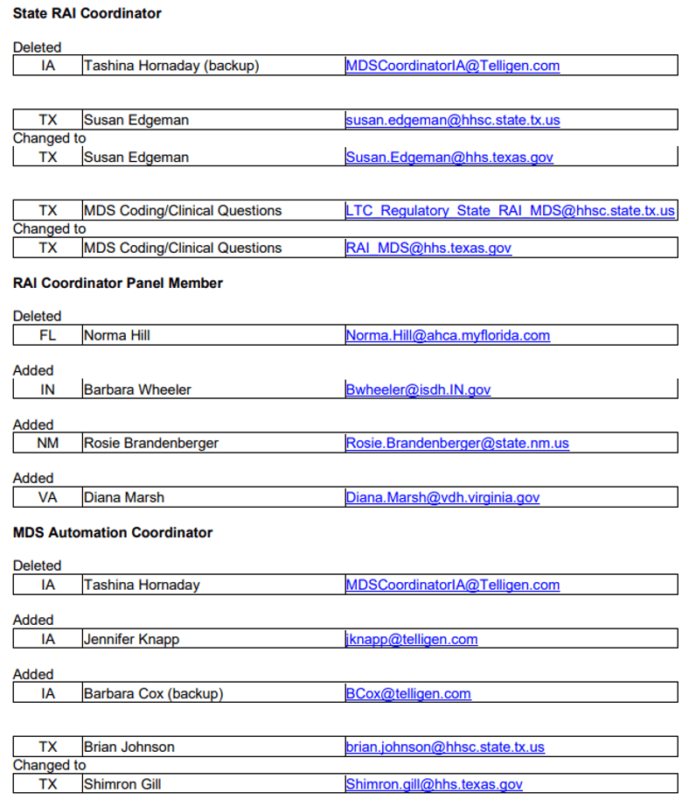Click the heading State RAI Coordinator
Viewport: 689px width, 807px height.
click(x=87, y=13)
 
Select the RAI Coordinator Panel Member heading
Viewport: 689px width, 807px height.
click(x=117, y=283)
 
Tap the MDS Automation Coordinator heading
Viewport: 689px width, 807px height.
click(x=112, y=532)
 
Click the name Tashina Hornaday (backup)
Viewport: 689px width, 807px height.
click(x=171, y=66)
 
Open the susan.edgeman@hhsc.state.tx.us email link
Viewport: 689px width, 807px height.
click(x=452, y=120)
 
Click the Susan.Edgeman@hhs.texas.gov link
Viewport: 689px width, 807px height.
click(x=449, y=158)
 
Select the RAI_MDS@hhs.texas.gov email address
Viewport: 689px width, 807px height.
click(x=428, y=248)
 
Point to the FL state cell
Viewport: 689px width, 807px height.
click(x=47, y=335)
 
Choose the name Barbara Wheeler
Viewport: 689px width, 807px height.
click(x=136, y=389)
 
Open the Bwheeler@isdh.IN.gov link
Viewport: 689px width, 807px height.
click(x=418, y=389)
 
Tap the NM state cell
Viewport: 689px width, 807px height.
click(x=47, y=443)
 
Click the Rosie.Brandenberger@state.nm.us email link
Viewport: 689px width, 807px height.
click(x=456, y=443)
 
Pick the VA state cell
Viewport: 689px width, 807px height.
click(x=47, y=497)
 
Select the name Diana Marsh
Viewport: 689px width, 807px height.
click(x=123, y=497)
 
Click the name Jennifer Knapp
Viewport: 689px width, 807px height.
click(x=131, y=639)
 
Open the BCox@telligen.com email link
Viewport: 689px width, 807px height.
click(x=407, y=693)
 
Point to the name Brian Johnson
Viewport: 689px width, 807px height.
click(x=129, y=747)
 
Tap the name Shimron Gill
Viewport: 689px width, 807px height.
click(x=123, y=784)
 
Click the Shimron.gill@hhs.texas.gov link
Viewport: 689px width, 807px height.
click(x=434, y=784)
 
